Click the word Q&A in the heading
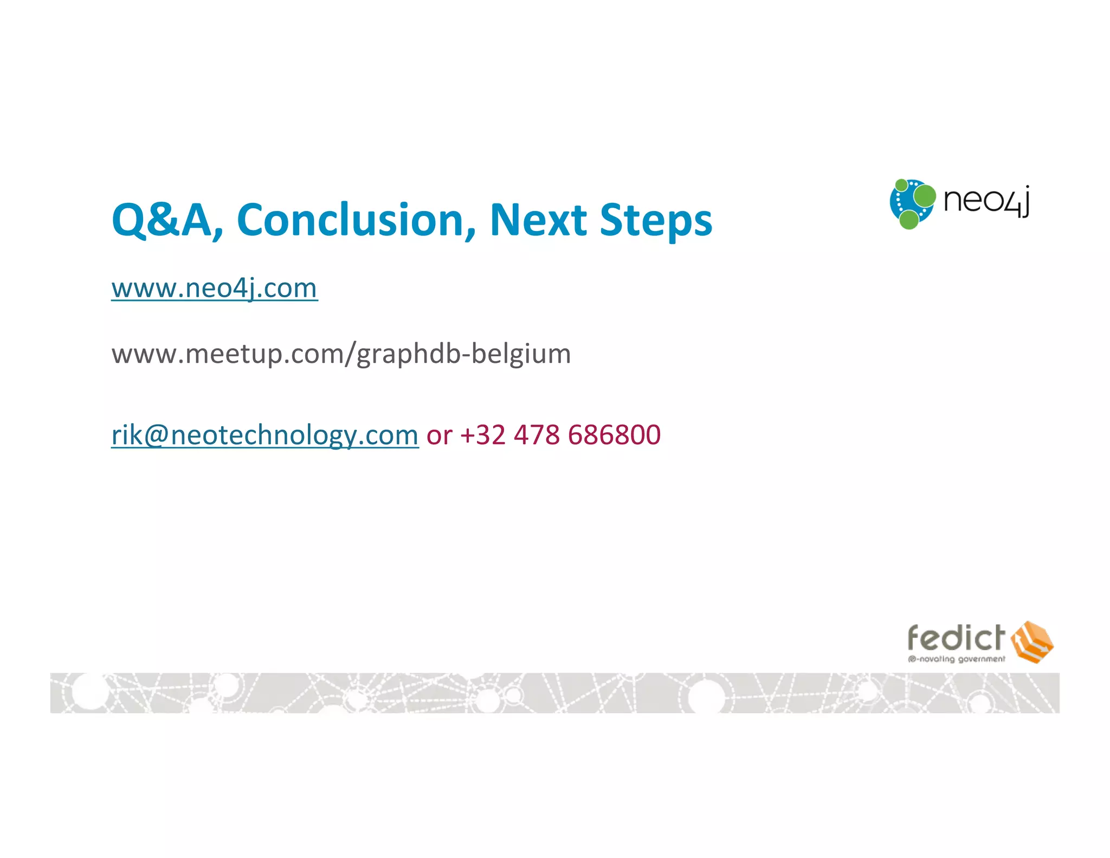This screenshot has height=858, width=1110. pos(162,220)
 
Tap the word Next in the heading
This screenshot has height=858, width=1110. pos(539,220)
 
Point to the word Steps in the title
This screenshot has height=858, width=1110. pos(656,220)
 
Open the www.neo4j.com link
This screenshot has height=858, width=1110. pos(214,288)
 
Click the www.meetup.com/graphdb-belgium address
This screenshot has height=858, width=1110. pos(341,354)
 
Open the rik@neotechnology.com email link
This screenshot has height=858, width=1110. pos(264,435)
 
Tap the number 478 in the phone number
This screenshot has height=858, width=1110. pos(537,435)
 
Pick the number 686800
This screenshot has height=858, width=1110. pos(614,435)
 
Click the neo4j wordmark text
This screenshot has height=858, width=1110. pos(986,201)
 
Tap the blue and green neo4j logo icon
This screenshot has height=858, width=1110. pos(912,204)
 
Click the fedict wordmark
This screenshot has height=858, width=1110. pos(956,638)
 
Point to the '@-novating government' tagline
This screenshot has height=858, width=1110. pos(956,659)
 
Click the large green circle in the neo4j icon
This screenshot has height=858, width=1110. pos(924,196)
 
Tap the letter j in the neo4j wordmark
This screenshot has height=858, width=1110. pos(1023,202)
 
